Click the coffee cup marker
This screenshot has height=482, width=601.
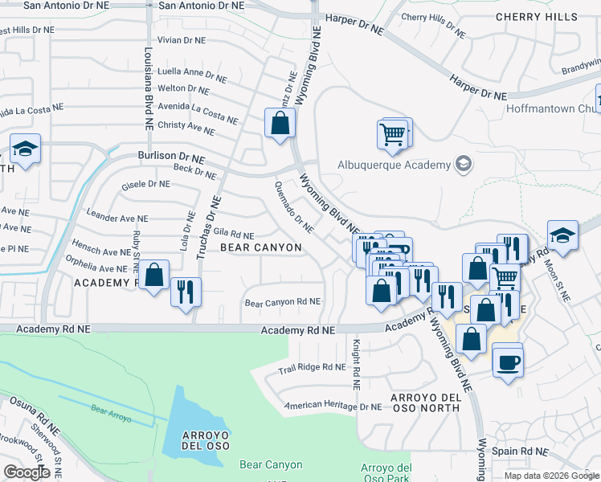coord(506,360)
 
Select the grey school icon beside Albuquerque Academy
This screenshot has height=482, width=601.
coord(463,165)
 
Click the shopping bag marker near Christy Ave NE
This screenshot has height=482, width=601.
coord(280,124)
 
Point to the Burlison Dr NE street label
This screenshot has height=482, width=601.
coord(170,158)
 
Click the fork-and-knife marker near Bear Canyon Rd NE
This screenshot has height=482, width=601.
coord(186,291)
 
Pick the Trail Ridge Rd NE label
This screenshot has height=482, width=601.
coord(312,367)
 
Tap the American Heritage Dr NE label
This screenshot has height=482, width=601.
coord(333,407)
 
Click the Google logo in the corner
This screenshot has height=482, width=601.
coord(27,472)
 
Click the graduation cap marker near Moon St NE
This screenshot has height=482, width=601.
coord(562,235)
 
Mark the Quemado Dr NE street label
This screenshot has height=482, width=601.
coord(293,210)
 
